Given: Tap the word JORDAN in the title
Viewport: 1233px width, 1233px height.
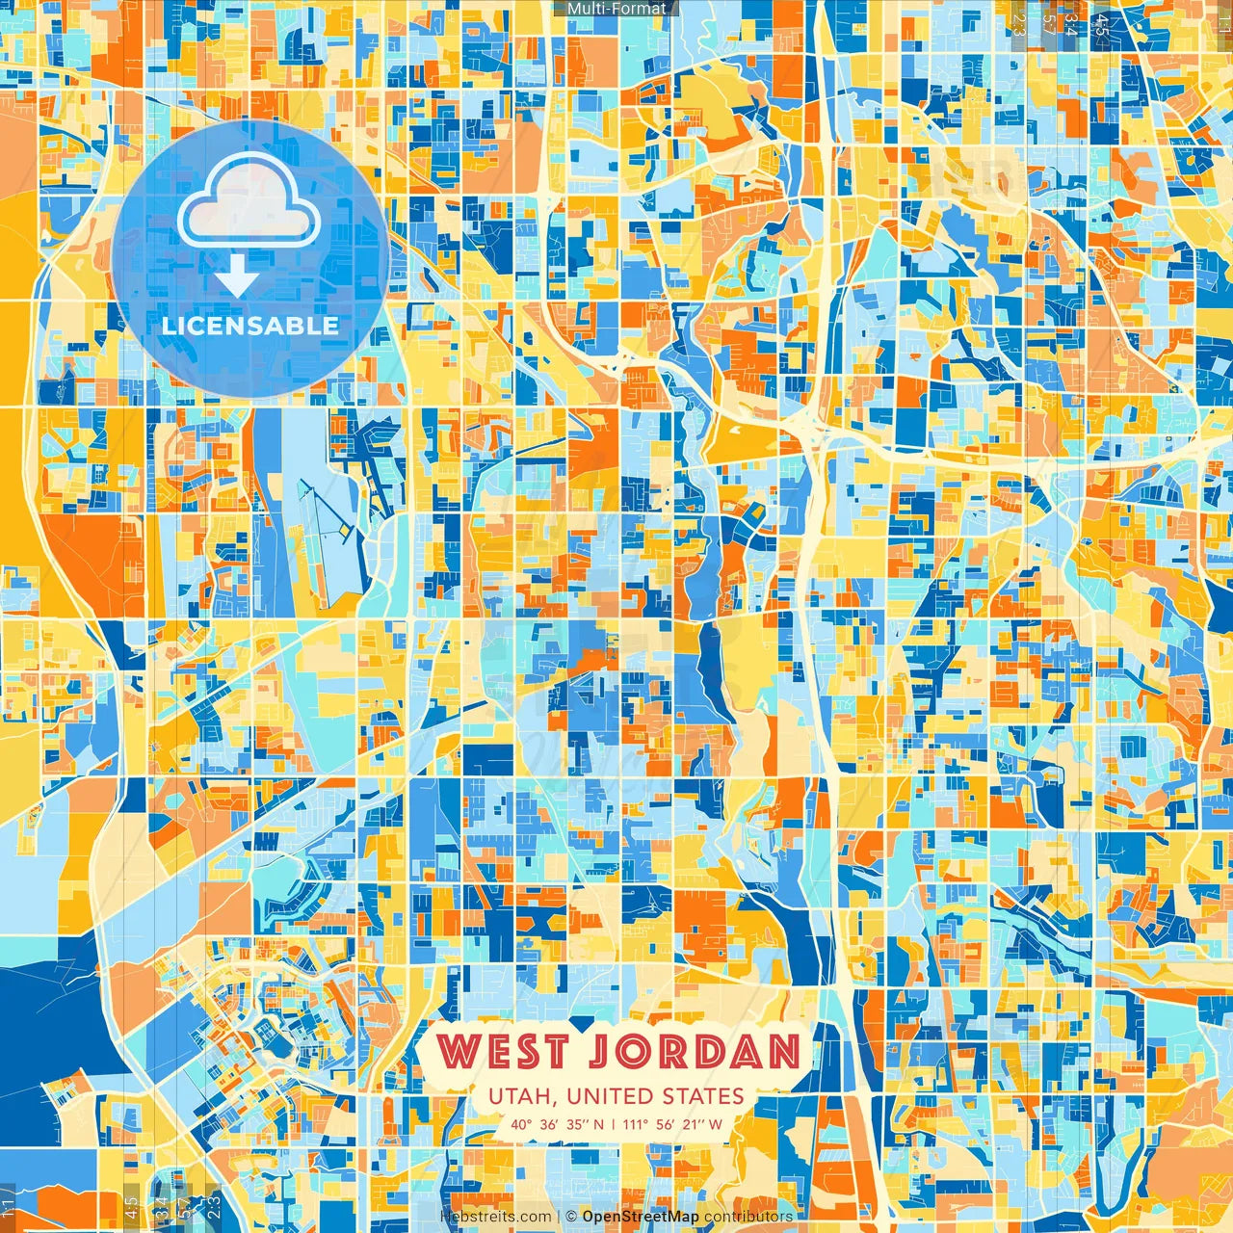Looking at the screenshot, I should tap(694, 1052).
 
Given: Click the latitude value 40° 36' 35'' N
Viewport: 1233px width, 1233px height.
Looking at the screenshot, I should tap(558, 1123).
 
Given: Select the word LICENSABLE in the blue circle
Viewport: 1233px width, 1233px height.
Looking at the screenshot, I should tap(249, 326).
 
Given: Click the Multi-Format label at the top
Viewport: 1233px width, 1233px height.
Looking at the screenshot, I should tap(616, 9).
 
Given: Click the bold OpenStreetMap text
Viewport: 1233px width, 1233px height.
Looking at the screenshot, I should tap(641, 1217).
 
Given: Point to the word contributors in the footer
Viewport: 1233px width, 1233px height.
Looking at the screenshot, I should tap(748, 1217).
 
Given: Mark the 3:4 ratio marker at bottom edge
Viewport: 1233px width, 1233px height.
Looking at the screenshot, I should tap(161, 1205).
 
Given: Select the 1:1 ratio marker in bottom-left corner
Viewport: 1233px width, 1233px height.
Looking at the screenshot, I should tap(9, 1205).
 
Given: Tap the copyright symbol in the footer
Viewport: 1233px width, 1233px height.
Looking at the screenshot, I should tap(571, 1217).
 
